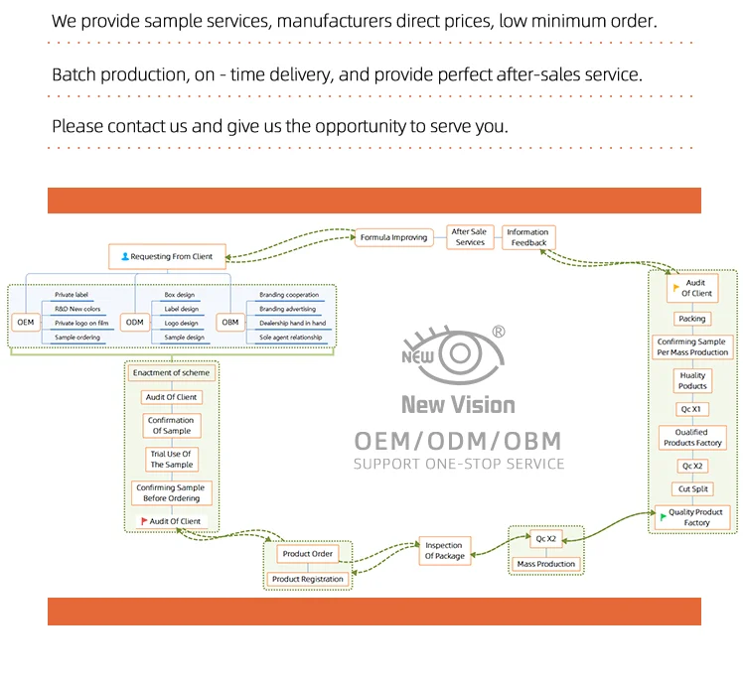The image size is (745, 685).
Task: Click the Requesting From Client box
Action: (167, 256)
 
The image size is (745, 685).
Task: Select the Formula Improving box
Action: (394, 237)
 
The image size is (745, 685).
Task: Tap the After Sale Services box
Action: (470, 237)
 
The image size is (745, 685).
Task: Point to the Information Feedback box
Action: (528, 237)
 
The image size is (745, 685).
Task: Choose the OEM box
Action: (26, 322)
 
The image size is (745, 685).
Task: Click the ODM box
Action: (134, 322)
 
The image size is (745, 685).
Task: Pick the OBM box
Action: (229, 322)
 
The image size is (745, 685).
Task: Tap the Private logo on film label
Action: (81, 323)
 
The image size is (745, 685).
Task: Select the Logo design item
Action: (181, 323)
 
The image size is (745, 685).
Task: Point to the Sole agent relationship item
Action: (291, 337)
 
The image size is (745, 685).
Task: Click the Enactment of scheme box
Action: (171, 372)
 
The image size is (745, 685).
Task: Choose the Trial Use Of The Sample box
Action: (171, 459)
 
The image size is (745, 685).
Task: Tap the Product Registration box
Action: (307, 579)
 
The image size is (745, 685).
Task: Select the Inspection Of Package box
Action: (444, 550)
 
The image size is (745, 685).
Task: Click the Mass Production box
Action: (546, 564)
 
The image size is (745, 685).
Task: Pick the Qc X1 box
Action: (691, 408)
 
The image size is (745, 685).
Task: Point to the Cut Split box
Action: (692, 488)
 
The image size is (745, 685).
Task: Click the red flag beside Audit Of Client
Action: (144, 521)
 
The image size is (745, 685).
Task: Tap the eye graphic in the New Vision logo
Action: (458, 353)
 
